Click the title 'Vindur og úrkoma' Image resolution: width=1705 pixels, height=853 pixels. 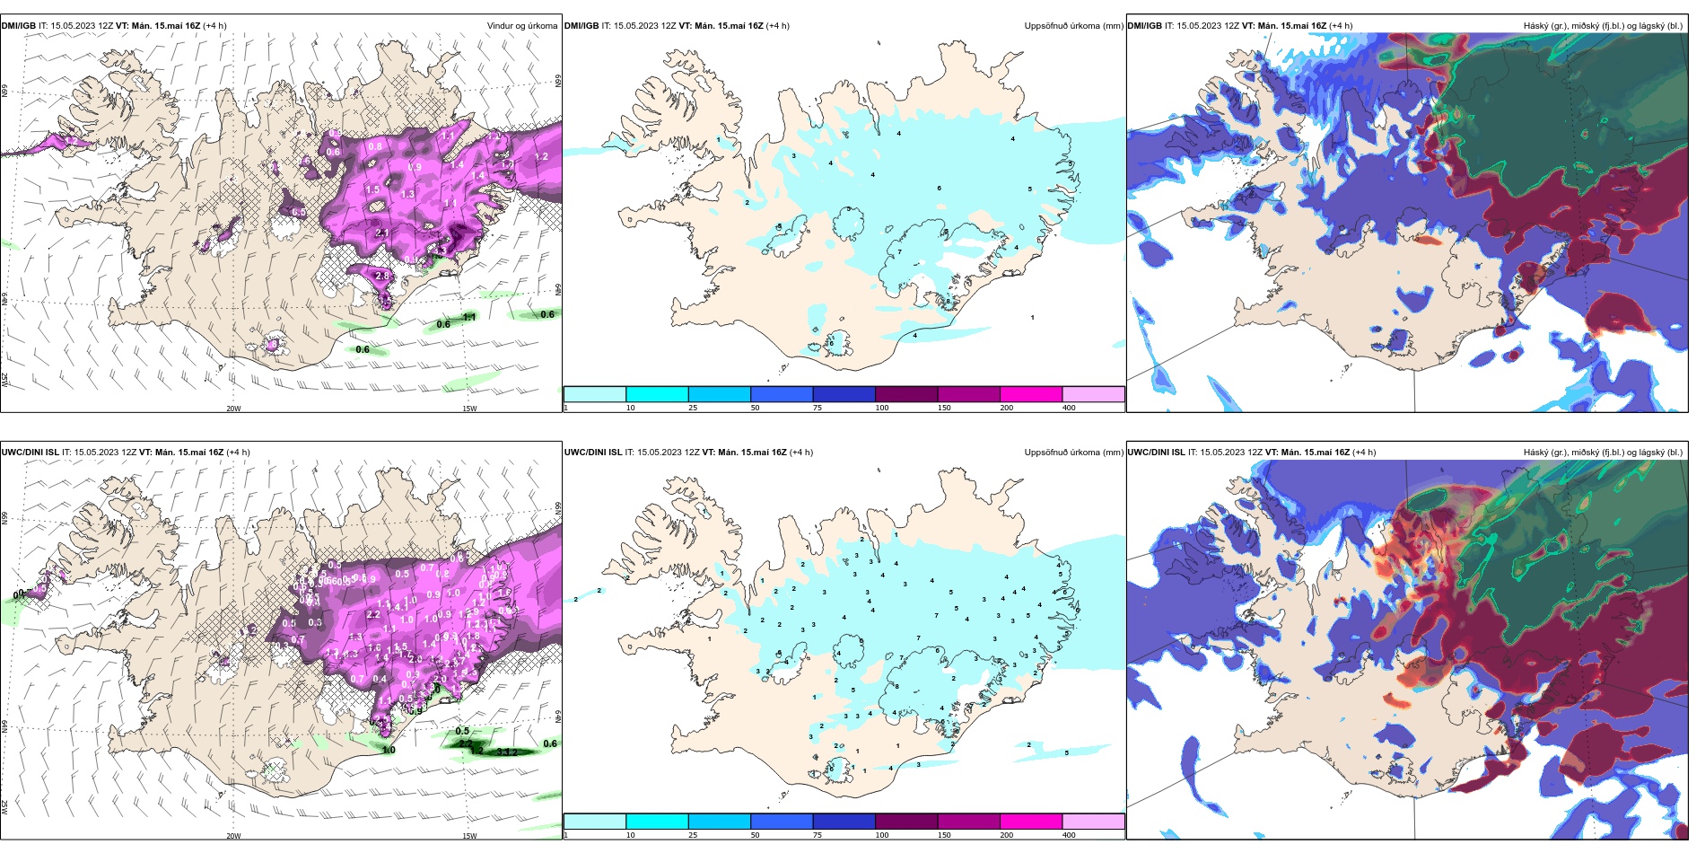(x=521, y=26)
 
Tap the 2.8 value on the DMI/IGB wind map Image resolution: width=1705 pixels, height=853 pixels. (x=382, y=277)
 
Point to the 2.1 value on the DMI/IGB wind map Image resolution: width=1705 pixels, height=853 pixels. (x=382, y=233)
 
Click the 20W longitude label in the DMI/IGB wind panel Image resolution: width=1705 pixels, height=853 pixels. (x=233, y=409)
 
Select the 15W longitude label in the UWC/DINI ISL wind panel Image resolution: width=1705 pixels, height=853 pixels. (x=469, y=836)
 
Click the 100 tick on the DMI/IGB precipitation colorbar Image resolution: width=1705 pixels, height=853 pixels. (x=882, y=408)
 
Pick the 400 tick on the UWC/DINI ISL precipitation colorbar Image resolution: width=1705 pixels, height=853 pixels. (x=1069, y=835)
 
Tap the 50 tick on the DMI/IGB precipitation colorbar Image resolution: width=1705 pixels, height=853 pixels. (x=755, y=408)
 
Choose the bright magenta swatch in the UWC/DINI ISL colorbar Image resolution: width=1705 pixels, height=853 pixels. (x=1030, y=822)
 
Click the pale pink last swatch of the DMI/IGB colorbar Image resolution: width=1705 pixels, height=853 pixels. (x=1093, y=394)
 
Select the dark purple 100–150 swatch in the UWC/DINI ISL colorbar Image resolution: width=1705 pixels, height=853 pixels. (x=905, y=822)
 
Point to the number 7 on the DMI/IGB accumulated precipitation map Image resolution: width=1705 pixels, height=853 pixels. (x=900, y=252)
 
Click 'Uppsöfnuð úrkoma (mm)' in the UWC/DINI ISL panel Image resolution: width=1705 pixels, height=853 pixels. (x=1073, y=453)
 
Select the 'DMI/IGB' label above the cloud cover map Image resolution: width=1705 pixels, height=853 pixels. (x=1144, y=26)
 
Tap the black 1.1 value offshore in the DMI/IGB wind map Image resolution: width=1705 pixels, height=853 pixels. (x=469, y=317)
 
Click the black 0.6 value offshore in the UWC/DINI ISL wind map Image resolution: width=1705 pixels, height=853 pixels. (x=550, y=743)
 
